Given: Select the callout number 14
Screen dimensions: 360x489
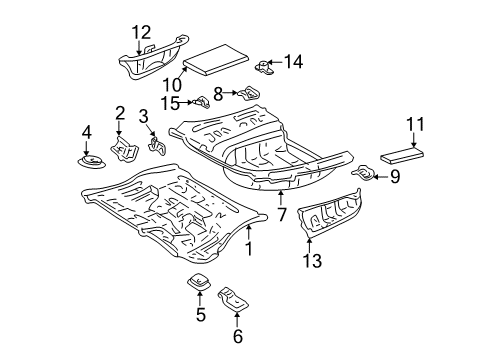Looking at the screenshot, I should pos(291,62).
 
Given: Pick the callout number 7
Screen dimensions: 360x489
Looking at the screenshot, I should pos(282,215).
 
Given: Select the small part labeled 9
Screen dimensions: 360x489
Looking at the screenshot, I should pos(364,176).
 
